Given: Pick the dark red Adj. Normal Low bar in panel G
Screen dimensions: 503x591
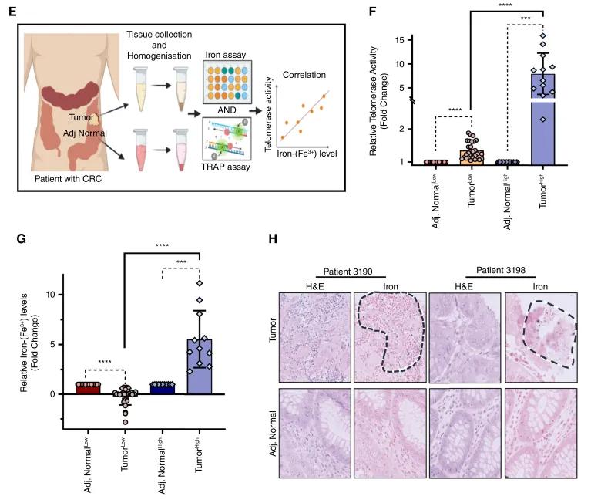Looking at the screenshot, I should pos(91,388).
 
